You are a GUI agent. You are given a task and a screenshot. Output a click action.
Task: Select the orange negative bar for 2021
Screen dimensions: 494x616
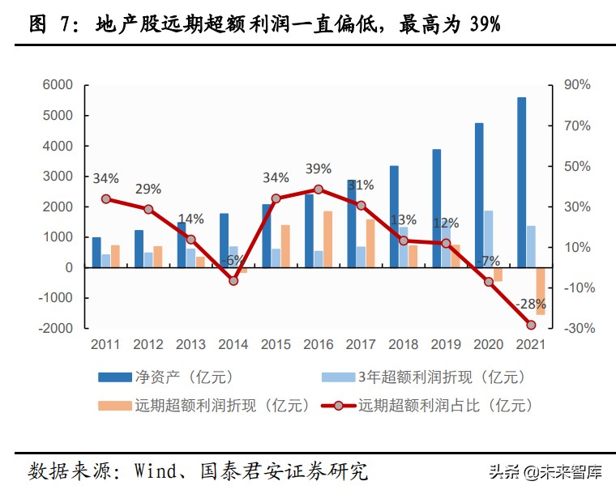click(541, 291)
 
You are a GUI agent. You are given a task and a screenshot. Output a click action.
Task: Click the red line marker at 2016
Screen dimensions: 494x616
click(319, 190)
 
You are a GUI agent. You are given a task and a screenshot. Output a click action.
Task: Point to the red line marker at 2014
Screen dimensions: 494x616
click(233, 281)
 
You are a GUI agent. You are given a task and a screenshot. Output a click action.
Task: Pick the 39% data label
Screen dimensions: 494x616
click(319, 168)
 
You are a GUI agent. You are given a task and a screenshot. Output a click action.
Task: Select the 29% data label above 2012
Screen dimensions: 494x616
click(148, 189)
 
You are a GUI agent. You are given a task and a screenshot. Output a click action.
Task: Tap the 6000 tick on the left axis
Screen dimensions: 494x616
click(58, 85)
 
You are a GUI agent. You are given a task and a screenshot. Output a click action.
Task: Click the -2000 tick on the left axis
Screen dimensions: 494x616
click(55, 328)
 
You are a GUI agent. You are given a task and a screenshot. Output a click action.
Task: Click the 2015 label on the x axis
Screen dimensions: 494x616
click(276, 344)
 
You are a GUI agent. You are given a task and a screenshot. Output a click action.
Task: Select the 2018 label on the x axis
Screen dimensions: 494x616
click(404, 344)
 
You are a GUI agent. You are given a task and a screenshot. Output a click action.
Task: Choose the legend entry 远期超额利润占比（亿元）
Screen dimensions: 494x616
click(445, 404)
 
